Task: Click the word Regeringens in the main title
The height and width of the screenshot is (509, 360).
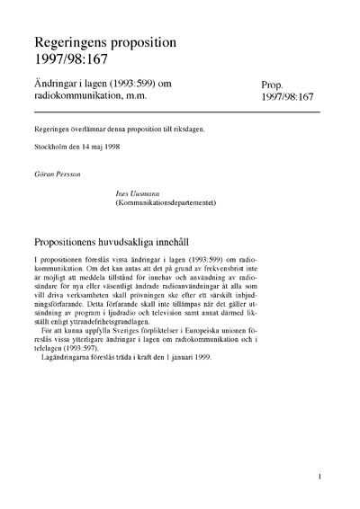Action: point(74,43)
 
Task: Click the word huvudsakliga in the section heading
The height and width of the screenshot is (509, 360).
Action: point(152,243)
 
